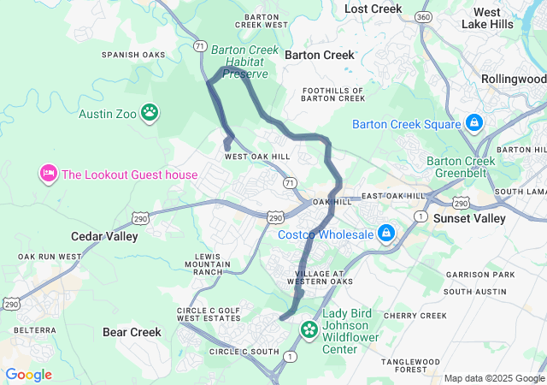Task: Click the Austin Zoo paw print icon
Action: (x=150, y=111)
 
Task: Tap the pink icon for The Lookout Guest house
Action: (x=48, y=174)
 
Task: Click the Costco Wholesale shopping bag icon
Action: (x=386, y=233)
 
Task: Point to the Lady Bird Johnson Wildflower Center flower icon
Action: (x=309, y=329)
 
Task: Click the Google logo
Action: (x=28, y=375)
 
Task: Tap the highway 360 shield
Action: (x=422, y=17)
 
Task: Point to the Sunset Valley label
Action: (x=468, y=218)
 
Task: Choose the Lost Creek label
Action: (x=373, y=9)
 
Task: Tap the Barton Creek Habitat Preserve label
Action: (x=244, y=62)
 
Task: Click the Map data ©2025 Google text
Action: (x=493, y=378)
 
